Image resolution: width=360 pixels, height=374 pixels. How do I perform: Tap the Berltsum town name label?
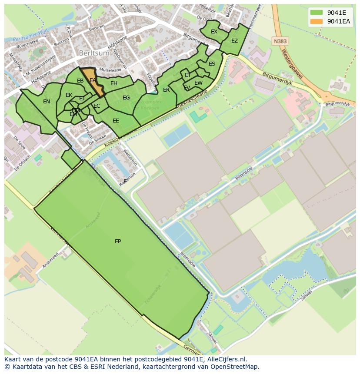92,53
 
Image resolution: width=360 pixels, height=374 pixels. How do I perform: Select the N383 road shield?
280,41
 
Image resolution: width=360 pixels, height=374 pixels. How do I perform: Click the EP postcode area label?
118,242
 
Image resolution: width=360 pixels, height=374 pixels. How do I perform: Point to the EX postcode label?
214,32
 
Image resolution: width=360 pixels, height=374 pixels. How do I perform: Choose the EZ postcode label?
234,41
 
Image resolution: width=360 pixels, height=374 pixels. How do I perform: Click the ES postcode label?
212,64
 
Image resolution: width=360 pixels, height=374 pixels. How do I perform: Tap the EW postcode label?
198,83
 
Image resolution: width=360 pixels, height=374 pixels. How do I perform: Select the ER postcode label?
166,90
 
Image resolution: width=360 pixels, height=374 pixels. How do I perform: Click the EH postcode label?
114,83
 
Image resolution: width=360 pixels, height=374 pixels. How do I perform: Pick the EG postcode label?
126,98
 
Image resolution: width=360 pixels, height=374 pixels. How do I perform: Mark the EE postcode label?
116,121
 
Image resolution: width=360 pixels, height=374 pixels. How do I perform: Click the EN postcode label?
47,102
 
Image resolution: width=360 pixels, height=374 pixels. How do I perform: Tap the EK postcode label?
69,95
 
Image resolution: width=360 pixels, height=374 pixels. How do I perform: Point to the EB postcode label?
80,81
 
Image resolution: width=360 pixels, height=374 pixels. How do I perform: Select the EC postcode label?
97,106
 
